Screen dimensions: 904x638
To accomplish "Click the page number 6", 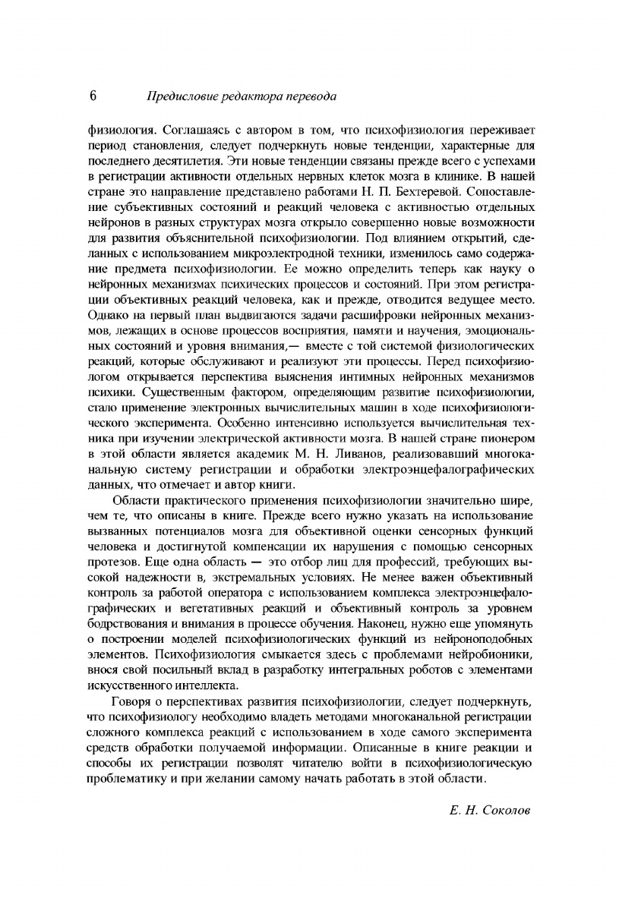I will pos(93,96).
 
